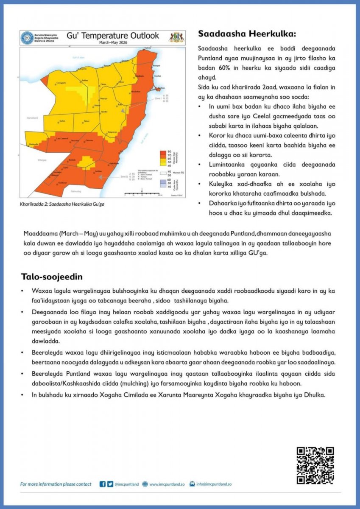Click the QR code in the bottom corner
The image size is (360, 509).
tap(315, 465)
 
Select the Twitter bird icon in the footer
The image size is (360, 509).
tap(110, 484)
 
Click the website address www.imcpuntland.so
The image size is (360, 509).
tap(166, 484)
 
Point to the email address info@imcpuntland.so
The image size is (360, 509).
tap(214, 484)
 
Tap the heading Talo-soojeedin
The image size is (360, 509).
tap(52, 277)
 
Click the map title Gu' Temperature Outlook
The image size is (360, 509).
tap(113, 36)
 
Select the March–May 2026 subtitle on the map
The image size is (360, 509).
tap(113, 43)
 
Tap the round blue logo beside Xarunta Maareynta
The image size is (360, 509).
tap(27, 37)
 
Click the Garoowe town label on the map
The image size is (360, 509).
tap(89, 140)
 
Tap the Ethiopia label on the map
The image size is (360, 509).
tap(29, 160)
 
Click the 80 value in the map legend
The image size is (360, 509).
tap(169, 151)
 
